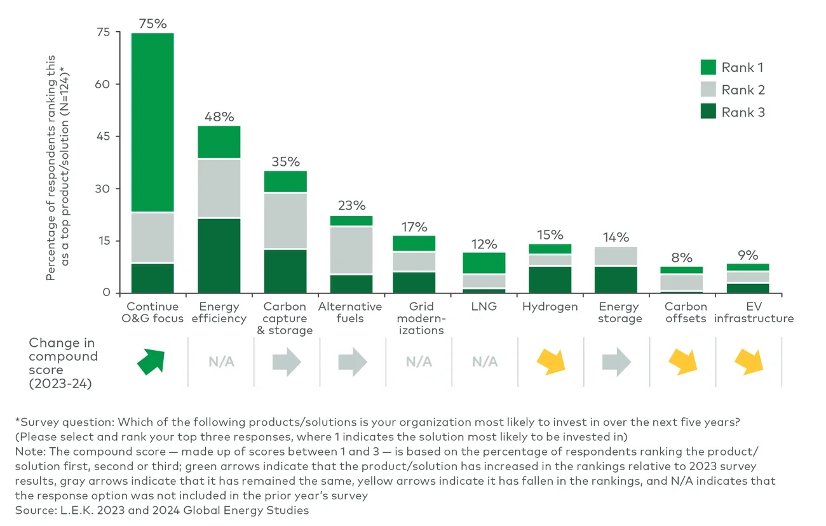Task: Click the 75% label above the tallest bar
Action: click(152, 24)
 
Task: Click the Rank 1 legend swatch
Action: click(708, 67)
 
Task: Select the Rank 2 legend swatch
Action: click(708, 90)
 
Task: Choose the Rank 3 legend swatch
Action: click(708, 112)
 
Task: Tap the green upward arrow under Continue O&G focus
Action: click(152, 361)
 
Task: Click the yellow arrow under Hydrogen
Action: click(550, 362)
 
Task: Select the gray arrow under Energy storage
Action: click(616, 362)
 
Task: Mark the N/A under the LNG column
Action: click(484, 362)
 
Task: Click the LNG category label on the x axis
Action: click(484, 307)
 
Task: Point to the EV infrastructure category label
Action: click(754, 313)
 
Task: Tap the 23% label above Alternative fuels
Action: click(351, 206)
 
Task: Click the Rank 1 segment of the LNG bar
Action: click(484, 263)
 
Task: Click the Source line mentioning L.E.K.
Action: click(162, 510)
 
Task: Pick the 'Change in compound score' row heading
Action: click(64, 363)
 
